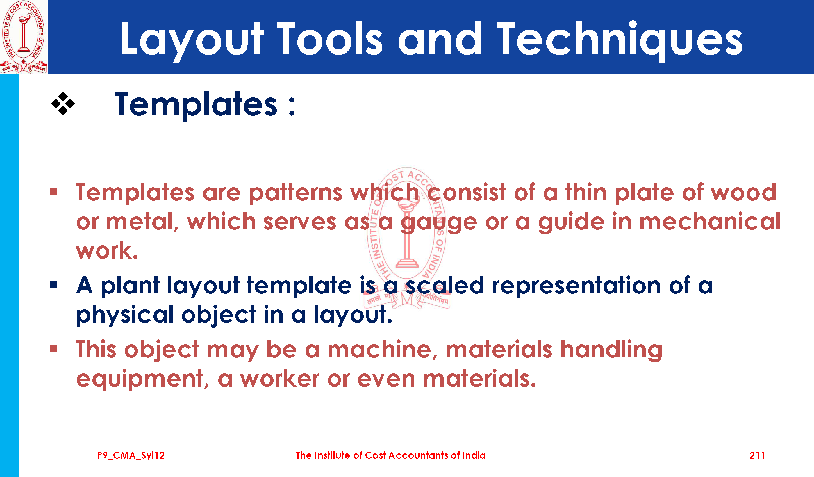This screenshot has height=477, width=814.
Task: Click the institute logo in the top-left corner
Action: click(24, 37)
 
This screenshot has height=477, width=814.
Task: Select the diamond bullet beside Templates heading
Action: click(63, 104)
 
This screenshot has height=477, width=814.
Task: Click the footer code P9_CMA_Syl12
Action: click(131, 455)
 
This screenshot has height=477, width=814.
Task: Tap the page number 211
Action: click(757, 455)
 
